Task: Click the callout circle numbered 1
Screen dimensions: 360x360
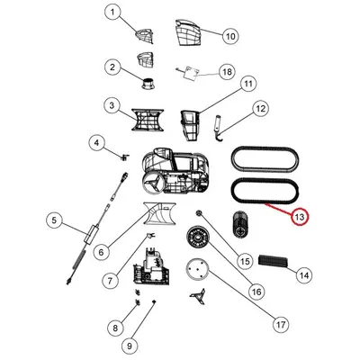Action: (x=112, y=13)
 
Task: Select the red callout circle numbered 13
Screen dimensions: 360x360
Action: (x=300, y=217)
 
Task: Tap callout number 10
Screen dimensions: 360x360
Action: (x=230, y=36)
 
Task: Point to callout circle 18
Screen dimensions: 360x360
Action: (x=227, y=72)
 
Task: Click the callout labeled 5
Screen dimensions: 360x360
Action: (x=54, y=220)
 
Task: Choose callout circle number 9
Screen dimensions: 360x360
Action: (x=130, y=346)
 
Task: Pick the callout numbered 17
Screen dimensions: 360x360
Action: (x=281, y=324)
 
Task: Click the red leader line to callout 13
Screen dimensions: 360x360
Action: (x=279, y=209)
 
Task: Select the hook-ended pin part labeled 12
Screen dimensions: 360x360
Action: (x=219, y=128)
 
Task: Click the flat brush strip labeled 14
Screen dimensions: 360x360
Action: (x=274, y=261)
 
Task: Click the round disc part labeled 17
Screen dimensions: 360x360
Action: (x=197, y=270)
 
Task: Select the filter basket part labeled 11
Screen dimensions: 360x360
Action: (x=190, y=126)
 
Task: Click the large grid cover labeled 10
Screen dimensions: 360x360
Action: (x=188, y=32)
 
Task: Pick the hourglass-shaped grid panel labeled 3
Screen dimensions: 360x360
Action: (x=148, y=120)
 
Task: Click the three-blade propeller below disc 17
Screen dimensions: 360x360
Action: (x=197, y=296)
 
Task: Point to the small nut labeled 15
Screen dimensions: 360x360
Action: (x=198, y=213)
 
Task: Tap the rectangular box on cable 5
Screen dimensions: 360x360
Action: (x=91, y=233)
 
